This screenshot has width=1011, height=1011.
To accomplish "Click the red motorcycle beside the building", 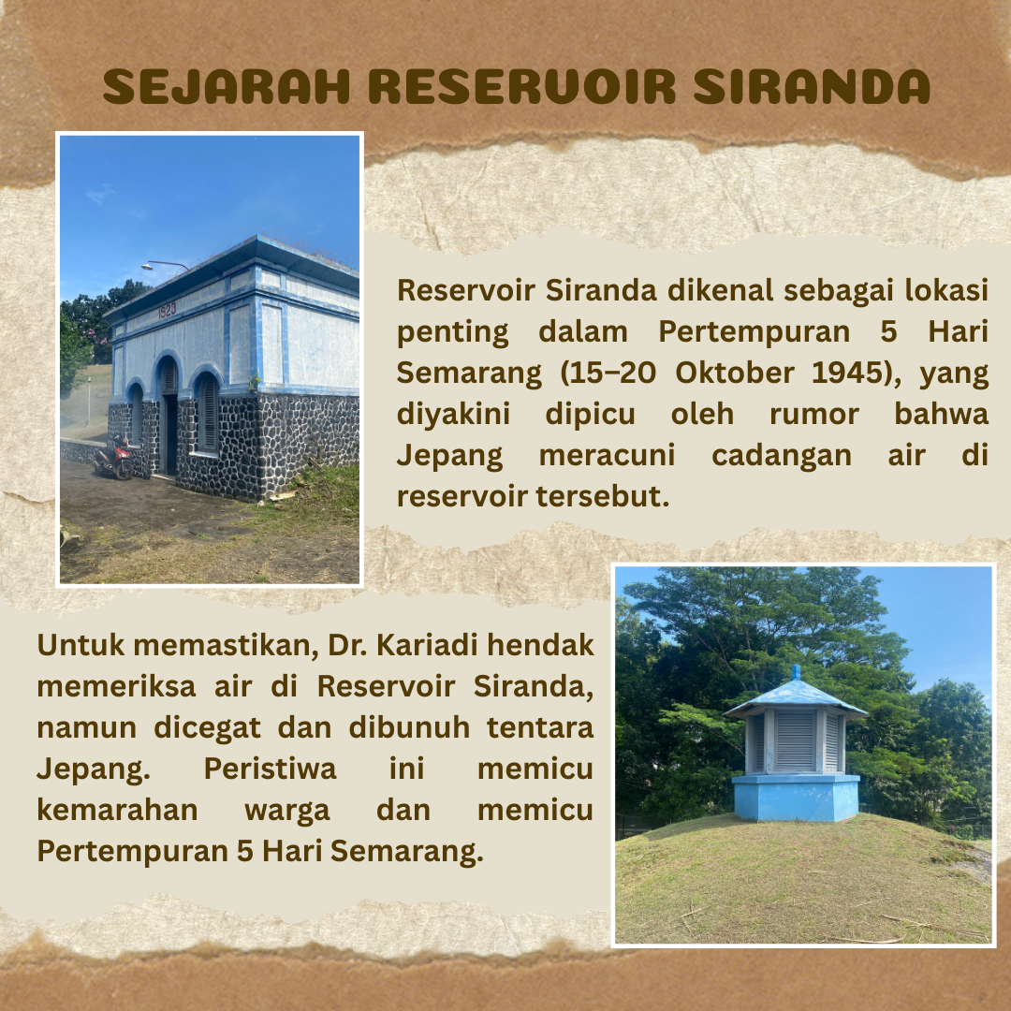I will pyautogui.click(x=115, y=458).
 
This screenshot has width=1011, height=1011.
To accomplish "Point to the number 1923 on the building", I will pyautogui.click(x=167, y=311).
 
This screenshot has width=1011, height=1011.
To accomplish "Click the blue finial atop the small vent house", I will pyautogui.click(x=796, y=672).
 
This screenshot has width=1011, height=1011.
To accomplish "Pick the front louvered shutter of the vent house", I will pyautogui.click(x=795, y=741).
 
